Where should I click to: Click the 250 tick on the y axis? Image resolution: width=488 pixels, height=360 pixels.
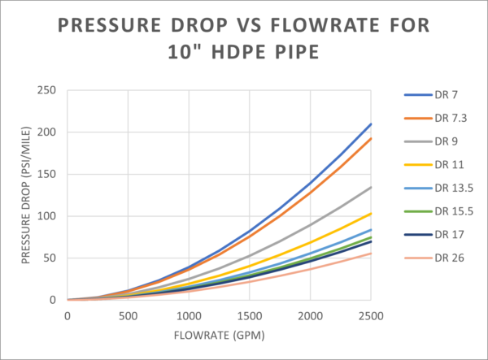point(46,89)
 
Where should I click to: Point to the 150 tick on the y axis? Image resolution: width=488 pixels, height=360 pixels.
point(46,174)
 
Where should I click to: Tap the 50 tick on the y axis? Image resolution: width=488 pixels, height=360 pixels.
point(49,258)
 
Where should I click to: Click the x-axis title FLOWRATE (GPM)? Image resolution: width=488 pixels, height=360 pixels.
point(219,335)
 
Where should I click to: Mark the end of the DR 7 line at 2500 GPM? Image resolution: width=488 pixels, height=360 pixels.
point(371,124)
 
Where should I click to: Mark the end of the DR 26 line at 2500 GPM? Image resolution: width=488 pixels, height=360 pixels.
point(371,254)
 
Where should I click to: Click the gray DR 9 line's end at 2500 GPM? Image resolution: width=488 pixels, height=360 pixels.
point(371,187)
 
